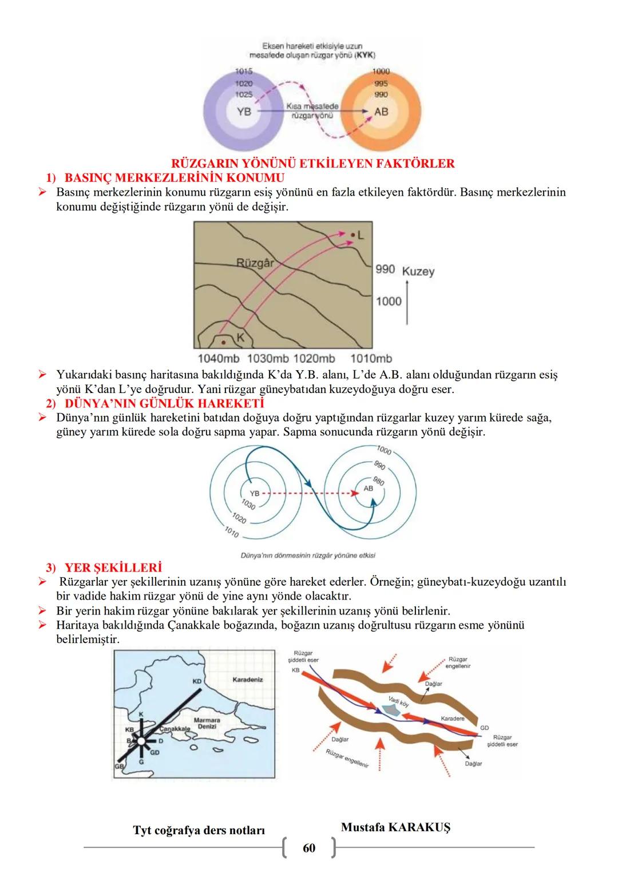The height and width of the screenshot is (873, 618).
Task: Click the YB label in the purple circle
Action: pos(244,111)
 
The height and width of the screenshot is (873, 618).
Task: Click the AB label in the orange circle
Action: pos(381,111)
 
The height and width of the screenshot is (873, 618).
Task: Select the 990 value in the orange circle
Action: pos(381,94)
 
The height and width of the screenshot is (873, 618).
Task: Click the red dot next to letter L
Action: pos(353,234)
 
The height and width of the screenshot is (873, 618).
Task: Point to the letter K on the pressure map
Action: pos(240,337)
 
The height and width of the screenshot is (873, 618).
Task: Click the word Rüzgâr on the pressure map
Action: pos(255,263)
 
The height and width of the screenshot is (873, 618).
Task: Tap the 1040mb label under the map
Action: pos(218,359)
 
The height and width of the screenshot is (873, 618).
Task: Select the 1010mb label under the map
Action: pos(371,359)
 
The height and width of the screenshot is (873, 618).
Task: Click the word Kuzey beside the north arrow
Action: pos(418,271)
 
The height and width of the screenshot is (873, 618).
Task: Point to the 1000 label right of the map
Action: pos(389,301)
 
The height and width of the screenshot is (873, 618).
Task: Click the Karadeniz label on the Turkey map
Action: pos(248,680)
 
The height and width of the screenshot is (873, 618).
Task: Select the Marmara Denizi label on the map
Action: pos(207,723)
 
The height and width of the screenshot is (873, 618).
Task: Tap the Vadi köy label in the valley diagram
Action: pos(399,701)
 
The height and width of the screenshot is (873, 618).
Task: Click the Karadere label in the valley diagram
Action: pos(453,718)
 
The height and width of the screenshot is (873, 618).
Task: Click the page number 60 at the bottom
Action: pos(309,848)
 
